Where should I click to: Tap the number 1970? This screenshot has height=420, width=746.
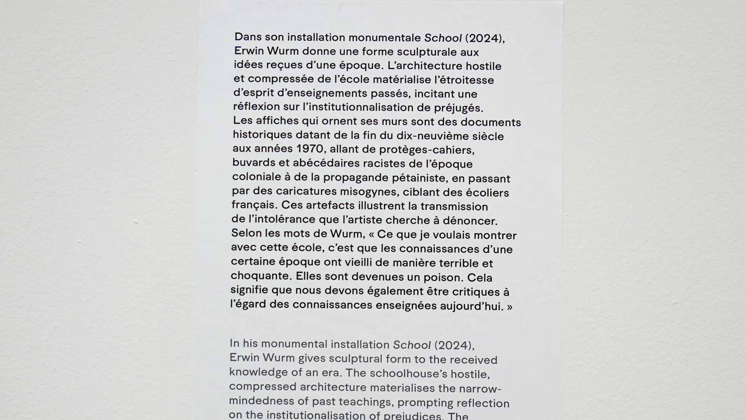tap(310, 149)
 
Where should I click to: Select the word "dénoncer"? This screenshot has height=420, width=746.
tap(470, 220)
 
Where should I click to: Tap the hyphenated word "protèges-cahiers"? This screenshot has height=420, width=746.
tap(426, 150)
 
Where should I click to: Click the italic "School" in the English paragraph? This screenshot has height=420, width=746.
tap(412, 345)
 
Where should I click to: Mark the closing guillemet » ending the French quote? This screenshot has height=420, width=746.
tap(509, 307)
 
